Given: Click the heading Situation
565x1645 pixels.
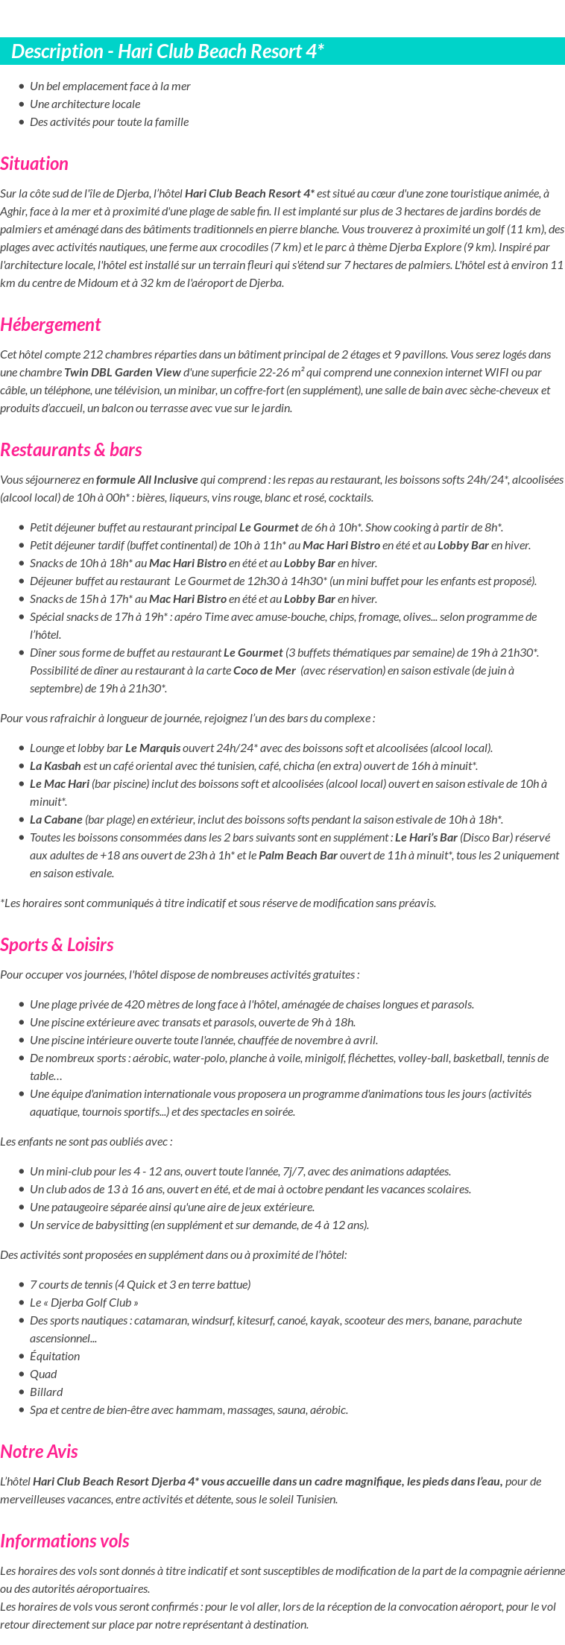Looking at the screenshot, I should pos(34,164).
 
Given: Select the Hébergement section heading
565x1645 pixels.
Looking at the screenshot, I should pos(50,325).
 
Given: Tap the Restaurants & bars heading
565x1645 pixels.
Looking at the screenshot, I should pos(71,450).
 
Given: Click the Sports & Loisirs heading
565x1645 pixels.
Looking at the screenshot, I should pos(57,945).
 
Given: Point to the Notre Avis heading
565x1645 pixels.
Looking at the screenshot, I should pos(39,1452).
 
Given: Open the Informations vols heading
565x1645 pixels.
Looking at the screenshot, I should pos(65,1541).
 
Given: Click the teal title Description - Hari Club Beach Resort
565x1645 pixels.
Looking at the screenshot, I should pos(168,51).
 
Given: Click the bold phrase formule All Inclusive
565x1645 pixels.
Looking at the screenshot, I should pos(147,480).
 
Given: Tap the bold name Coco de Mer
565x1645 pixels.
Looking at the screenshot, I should pos(265,671).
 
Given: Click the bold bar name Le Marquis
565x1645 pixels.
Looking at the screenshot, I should pos(153,748).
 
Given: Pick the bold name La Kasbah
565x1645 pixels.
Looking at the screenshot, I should pos(55,766).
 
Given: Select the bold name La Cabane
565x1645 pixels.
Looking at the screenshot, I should pos(56,820).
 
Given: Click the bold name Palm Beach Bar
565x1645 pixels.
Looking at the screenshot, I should pos(298,856).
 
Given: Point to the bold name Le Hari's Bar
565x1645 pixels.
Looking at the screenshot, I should pos(426,838).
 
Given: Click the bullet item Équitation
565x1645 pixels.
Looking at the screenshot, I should pos(54,1357).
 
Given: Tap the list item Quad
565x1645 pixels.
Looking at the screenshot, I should pos(43,1374).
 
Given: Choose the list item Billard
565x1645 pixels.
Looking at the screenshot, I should pos(46,1392).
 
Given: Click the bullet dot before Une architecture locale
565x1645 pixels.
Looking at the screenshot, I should pos(22,104).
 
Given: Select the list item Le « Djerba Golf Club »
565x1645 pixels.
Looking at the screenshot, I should pos(83,1303).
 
